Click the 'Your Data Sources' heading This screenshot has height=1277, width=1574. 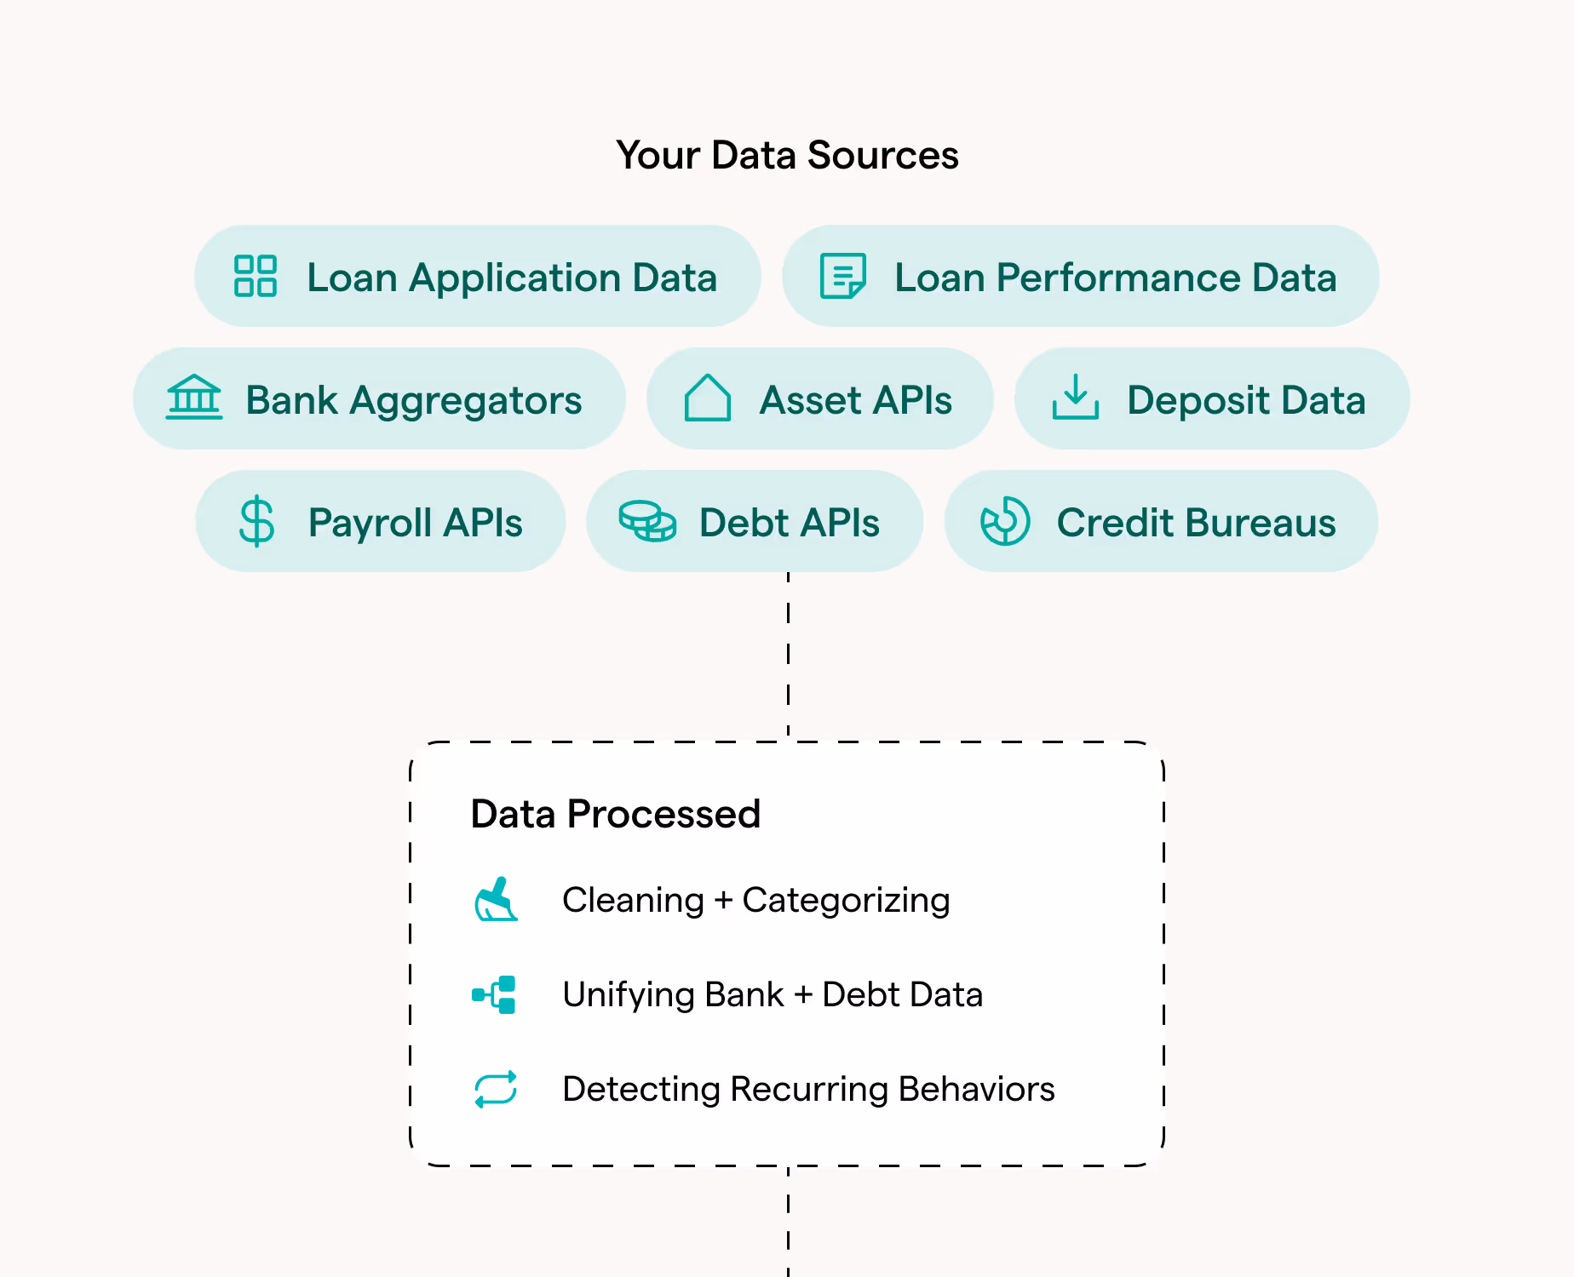coord(787,156)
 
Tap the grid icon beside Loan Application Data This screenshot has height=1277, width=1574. coord(256,276)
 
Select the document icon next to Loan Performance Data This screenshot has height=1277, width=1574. coord(842,276)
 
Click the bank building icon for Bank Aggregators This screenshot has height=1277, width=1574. coord(194,398)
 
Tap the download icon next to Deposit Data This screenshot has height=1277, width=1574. coord(1076,398)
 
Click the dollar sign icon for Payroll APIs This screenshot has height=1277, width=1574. coord(256,521)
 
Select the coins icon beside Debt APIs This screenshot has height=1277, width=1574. coord(647,521)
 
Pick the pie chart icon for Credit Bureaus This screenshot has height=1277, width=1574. coord(1005,521)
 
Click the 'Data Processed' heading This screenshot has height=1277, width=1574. coord(615,814)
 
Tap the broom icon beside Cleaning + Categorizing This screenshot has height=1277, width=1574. coord(496,900)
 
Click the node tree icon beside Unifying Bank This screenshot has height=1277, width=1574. coord(495,994)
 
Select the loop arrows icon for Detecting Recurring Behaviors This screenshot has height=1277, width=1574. coord(496,1089)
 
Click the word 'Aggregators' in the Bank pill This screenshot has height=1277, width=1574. coord(466,400)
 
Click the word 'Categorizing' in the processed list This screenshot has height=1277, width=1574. coord(846,901)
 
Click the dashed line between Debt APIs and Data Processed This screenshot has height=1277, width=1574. coord(788,656)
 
